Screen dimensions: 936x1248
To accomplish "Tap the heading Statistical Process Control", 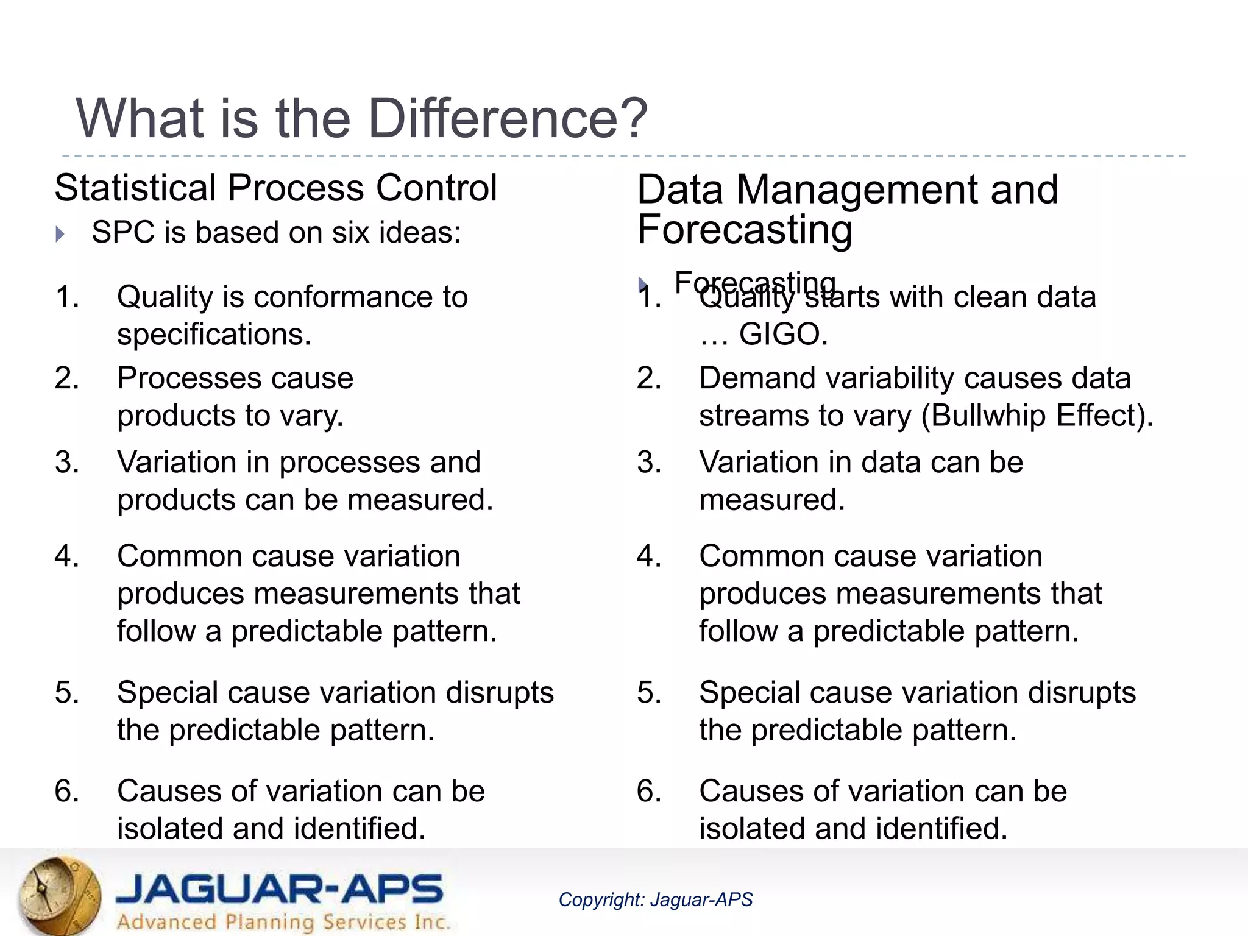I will [x=275, y=188].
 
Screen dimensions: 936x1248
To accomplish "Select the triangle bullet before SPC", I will [x=60, y=234].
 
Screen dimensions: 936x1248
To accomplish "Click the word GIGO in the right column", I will [x=783, y=335].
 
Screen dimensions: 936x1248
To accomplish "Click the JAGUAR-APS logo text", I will [x=280, y=889].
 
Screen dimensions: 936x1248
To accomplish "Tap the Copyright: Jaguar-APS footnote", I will [x=656, y=899].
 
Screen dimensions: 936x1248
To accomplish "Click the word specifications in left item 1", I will [x=213, y=335].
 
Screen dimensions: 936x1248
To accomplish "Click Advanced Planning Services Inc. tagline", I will [x=283, y=921].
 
